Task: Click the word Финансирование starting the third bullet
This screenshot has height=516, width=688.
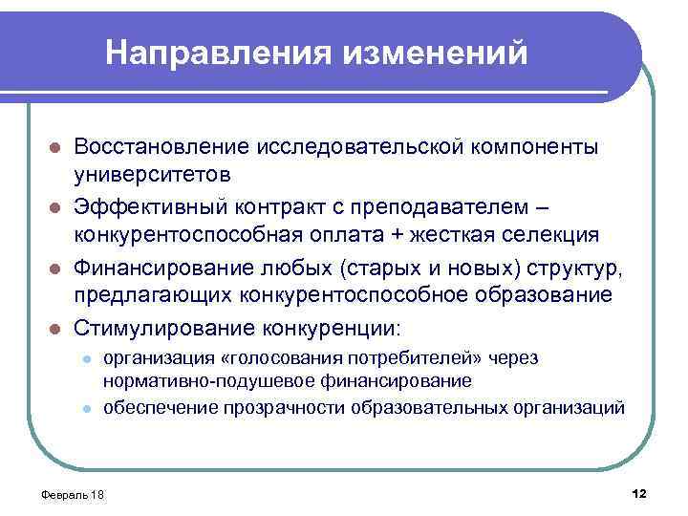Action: click(163, 267)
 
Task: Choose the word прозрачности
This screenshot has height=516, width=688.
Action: click(288, 408)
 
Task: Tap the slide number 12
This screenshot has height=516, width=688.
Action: click(639, 492)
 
